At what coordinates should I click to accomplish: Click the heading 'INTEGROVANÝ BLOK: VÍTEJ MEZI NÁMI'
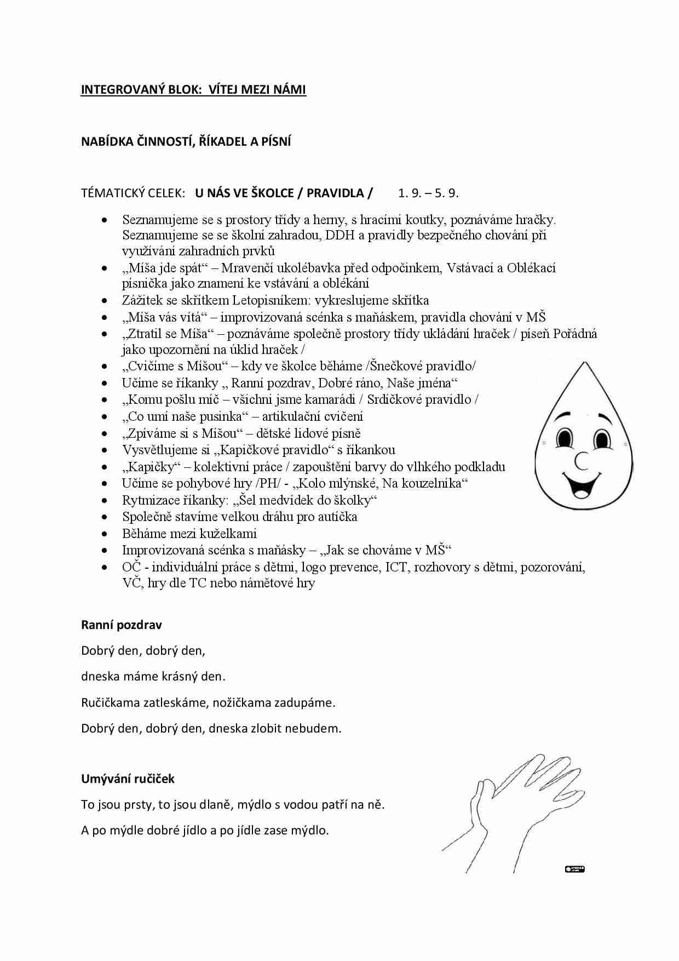coord(193,90)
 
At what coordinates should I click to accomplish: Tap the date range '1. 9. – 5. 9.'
coord(428,193)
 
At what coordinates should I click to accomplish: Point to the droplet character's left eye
coord(563,438)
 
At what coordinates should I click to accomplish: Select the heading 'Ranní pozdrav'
coord(121,625)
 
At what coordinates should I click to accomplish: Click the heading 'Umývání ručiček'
coord(128,778)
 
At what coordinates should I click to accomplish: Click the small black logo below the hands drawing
coord(574,869)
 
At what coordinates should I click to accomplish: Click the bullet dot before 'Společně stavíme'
coord(105,517)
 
